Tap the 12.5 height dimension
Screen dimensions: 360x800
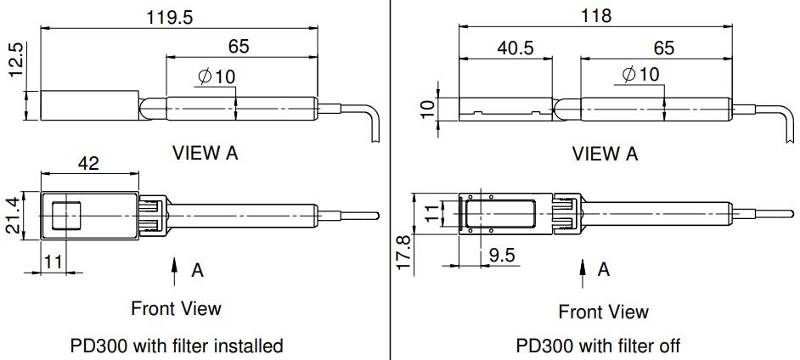(16, 62)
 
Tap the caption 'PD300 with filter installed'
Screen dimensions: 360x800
(176, 346)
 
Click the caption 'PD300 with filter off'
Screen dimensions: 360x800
(598, 346)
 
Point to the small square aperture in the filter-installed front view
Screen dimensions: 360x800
(66, 215)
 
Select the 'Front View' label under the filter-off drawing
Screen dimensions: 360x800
(603, 312)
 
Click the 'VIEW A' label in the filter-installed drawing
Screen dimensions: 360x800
(205, 153)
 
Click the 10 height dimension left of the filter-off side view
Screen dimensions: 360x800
(427, 108)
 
